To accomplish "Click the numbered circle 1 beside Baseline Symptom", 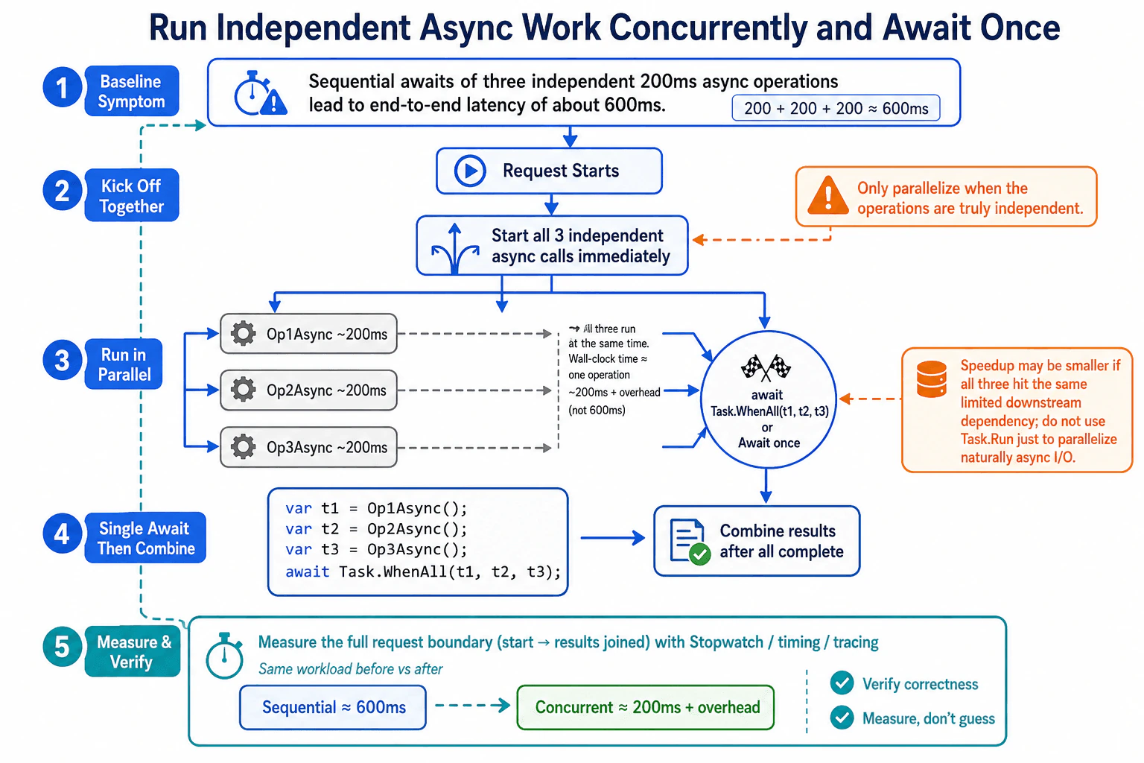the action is (x=62, y=87).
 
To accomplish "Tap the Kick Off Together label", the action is (x=132, y=195).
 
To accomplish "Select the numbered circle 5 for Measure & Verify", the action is (x=62, y=647).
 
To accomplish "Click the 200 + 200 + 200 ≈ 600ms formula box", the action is (x=836, y=108).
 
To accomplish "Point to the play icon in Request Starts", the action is (x=470, y=171).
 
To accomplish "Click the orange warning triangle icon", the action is (x=828, y=196).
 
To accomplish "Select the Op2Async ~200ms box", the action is (x=308, y=390).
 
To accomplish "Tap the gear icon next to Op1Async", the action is (x=243, y=334).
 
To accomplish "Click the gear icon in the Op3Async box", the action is (x=243, y=447).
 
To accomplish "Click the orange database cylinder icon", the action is (x=932, y=379).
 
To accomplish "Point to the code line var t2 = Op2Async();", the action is (x=376, y=529).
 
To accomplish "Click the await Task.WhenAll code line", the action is (x=423, y=572).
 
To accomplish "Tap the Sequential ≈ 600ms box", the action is (x=333, y=707).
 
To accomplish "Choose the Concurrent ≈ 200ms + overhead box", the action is (x=646, y=707).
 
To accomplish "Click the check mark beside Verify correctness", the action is (x=842, y=683).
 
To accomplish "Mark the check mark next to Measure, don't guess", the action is (x=842, y=718).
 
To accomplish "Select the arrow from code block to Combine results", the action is (x=613, y=538).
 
